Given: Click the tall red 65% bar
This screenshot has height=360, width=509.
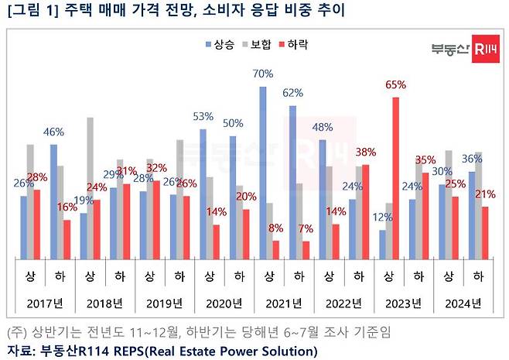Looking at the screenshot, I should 396,178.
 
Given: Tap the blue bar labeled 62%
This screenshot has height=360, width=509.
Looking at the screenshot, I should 292,183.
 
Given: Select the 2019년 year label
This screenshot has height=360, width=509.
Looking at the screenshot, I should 165,302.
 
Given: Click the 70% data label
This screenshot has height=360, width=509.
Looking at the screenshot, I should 263,74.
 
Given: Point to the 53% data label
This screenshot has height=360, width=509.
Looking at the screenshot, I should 203,117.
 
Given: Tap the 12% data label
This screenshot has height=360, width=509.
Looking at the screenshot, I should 382,218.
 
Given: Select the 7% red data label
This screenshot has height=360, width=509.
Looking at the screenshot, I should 306,229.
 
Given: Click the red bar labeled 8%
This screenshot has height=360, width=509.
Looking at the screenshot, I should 276,250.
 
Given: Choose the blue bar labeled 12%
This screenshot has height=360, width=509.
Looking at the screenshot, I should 382,245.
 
